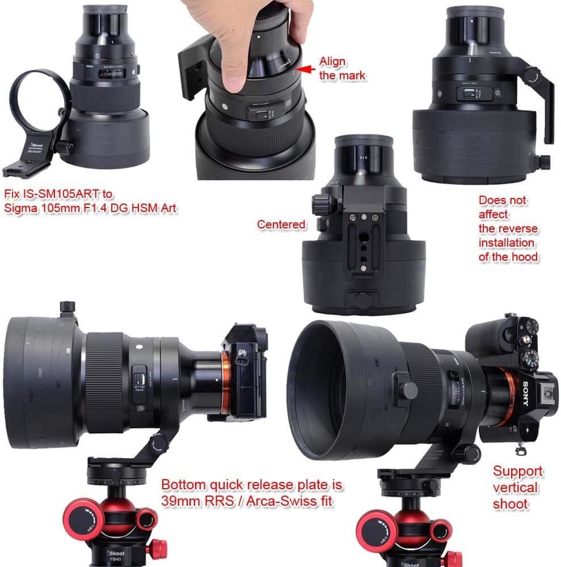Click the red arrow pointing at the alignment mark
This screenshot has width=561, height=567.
[306, 69]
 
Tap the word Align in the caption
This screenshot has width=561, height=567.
[332, 61]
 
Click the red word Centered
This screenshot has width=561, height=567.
[281, 225]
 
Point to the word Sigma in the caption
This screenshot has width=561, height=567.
[20, 208]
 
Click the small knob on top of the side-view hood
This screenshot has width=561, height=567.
[68, 307]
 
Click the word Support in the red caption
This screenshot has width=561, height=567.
[518, 471]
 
